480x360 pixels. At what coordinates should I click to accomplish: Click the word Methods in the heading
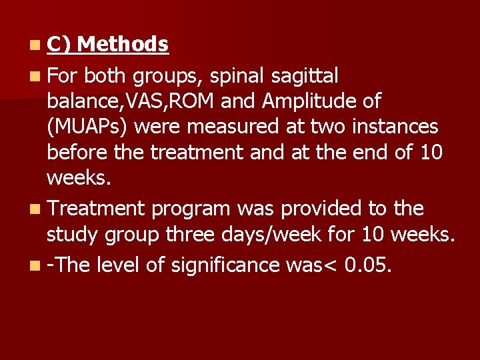click(123, 45)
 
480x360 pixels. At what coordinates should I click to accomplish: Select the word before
click(75, 153)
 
